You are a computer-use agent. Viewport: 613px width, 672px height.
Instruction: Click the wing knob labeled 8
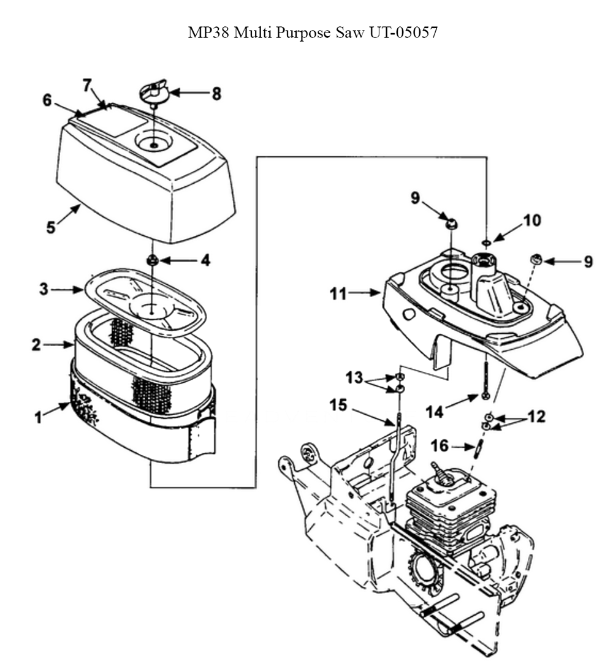[x=154, y=94]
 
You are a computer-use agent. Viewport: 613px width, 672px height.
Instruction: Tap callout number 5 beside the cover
[x=51, y=227]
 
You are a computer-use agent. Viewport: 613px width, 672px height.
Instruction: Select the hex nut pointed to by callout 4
[x=153, y=261]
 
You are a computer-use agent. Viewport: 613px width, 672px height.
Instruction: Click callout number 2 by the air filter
[x=37, y=344]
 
